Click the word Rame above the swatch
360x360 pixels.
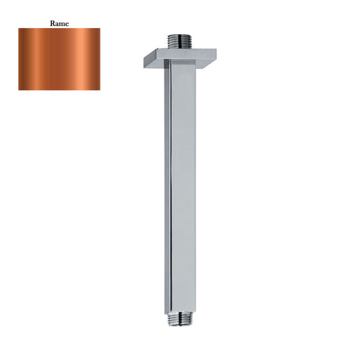tap(59, 23)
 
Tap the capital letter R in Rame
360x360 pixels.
tap(52, 23)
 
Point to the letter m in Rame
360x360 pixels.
tap(62, 24)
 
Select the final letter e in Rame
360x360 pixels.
tap(67, 24)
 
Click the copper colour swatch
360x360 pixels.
tap(59, 59)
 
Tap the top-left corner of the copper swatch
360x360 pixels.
tap(19, 29)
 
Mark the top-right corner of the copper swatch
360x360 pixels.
tap(100, 29)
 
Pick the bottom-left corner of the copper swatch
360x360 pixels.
tap(19, 89)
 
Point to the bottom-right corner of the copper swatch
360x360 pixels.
tap(100, 89)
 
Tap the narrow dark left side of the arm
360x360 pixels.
tap(167, 190)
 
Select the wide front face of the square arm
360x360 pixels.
tap(183, 190)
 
